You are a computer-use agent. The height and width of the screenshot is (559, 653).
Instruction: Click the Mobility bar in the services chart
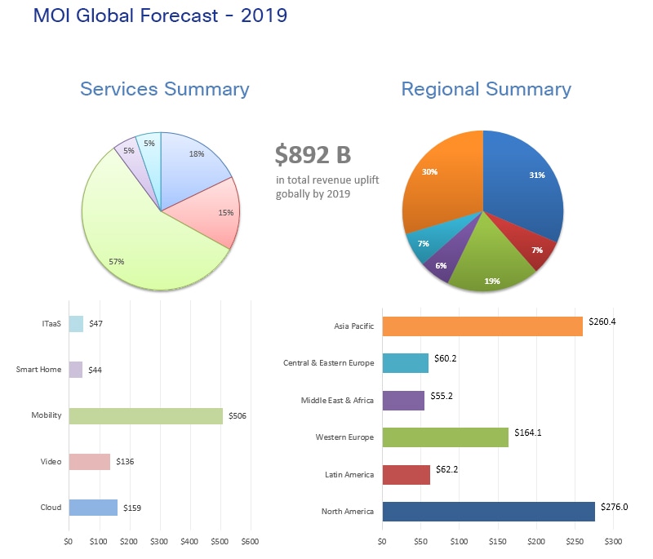145,416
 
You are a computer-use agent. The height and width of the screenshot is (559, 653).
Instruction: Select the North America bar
488,512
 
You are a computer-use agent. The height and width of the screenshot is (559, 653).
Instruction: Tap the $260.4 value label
602,322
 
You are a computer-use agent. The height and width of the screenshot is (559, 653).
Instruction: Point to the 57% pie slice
139,245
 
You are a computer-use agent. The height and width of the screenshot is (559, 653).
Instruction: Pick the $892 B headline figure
313,153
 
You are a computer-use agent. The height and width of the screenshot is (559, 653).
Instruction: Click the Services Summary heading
165,89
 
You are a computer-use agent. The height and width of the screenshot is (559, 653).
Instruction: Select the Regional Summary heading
486,89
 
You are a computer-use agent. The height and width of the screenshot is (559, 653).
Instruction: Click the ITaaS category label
51,324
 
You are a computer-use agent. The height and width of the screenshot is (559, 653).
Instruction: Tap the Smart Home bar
76,370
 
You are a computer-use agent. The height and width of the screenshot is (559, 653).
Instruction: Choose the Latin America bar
406,475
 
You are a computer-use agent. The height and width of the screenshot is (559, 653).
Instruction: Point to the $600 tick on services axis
251,540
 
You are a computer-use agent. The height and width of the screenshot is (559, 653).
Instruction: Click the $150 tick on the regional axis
498,540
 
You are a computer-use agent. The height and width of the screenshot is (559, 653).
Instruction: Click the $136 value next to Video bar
125,462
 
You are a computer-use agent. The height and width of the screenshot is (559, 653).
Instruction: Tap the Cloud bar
93,508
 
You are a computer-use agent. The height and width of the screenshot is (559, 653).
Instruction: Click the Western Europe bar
445,437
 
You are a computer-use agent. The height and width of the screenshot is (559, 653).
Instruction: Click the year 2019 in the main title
264,15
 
